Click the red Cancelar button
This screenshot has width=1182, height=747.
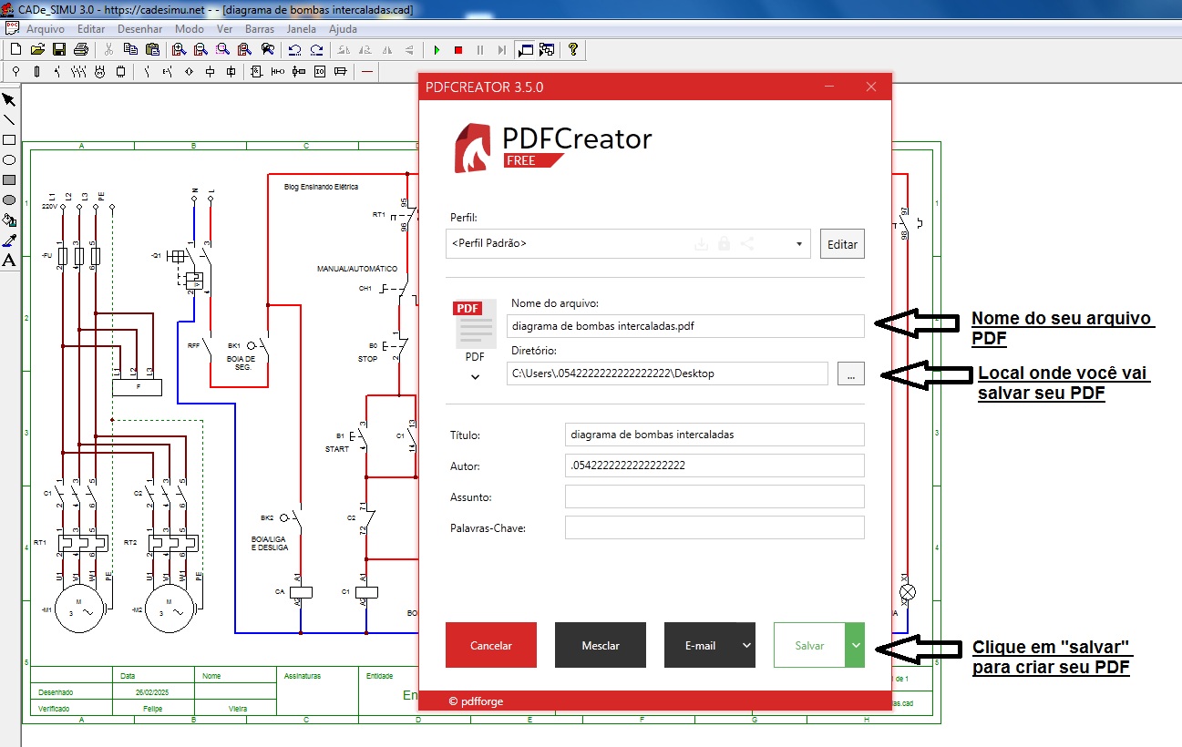(x=490, y=645)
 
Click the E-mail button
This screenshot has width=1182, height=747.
(x=700, y=645)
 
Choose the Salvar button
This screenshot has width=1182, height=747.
(x=809, y=645)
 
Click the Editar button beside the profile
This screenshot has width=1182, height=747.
(x=842, y=244)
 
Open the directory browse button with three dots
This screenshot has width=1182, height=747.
(x=850, y=373)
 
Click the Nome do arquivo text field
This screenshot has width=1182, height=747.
(x=684, y=326)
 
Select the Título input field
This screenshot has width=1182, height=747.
(x=714, y=435)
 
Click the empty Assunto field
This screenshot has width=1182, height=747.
(x=714, y=496)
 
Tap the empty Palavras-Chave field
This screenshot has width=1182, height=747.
(x=714, y=527)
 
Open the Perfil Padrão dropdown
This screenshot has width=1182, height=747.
(x=629, y=244)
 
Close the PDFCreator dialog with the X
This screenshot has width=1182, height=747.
(x=870, y=87)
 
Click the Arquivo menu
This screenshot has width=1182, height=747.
(x=46, y=29)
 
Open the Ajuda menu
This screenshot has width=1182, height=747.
(x=343, y=29)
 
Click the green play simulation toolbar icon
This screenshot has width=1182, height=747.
(x=437, y=50)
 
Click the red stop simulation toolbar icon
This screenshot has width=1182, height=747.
(x=458, y=50)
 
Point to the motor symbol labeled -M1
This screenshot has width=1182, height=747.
(x=78, y=609)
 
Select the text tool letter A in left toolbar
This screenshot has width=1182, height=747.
(x=9, y=261)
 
